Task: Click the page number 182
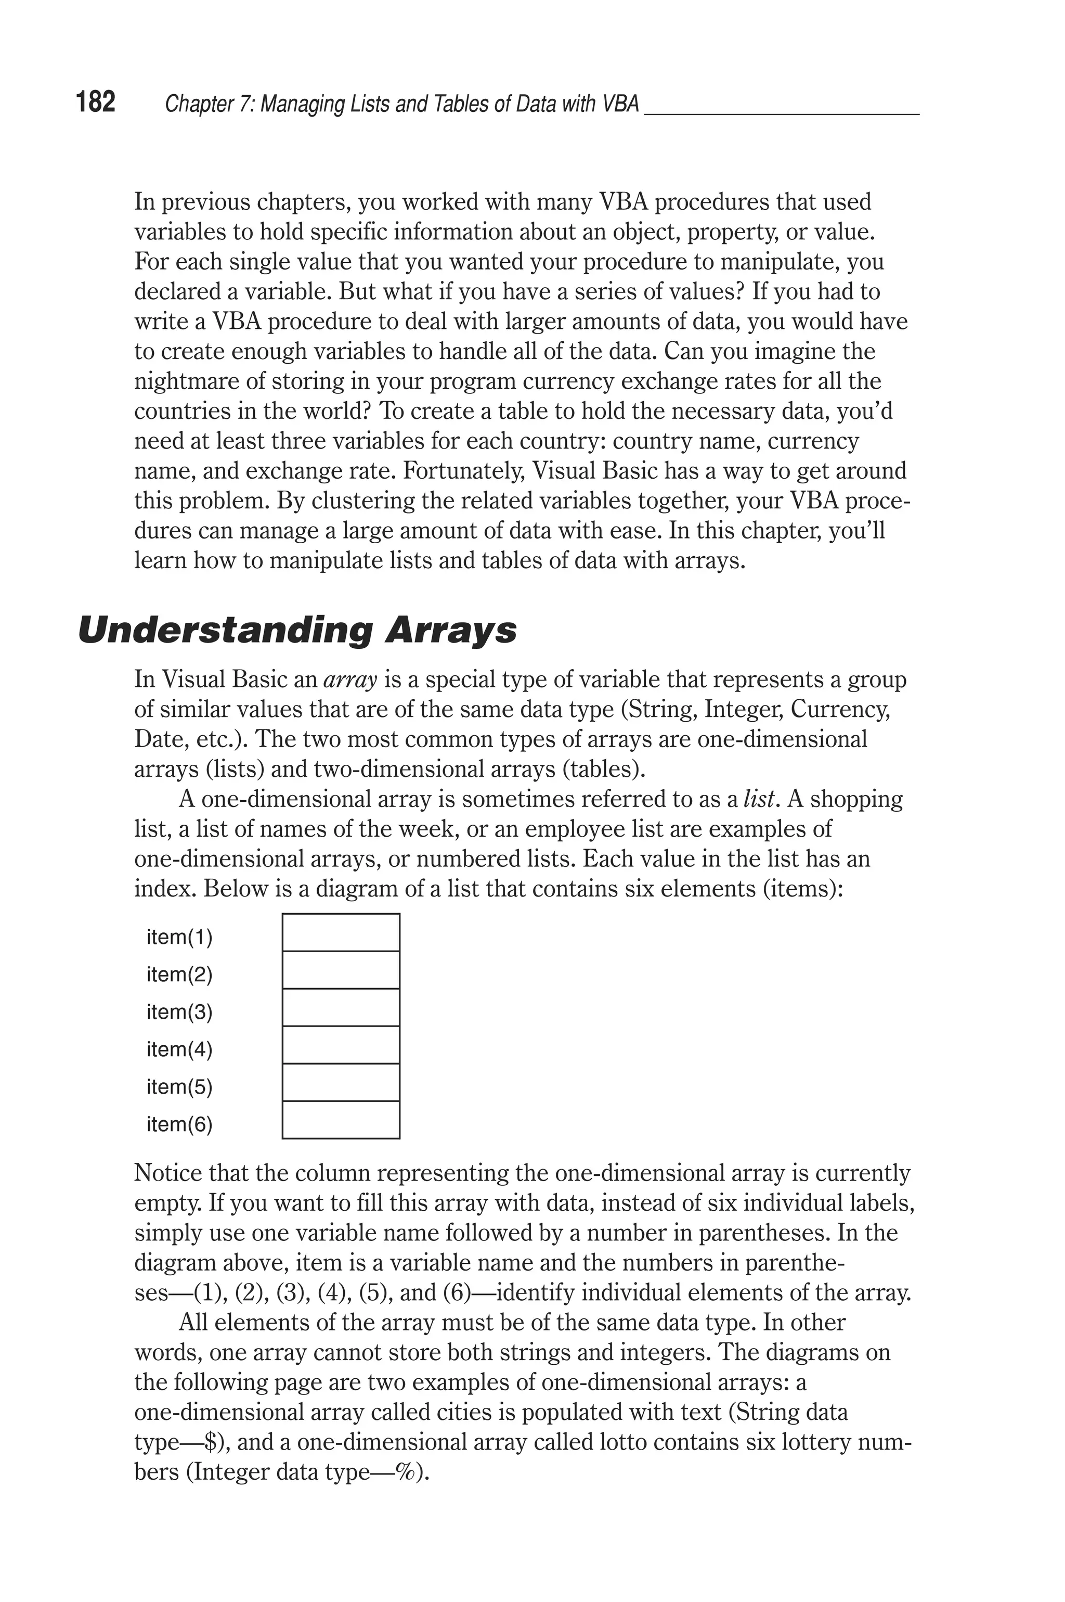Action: coord(96,102)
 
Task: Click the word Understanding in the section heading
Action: coord(224,631)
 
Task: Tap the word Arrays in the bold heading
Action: coord(450,631)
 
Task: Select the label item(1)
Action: coord(179,938)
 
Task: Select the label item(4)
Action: coord(179,1049)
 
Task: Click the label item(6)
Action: coord(179,1124)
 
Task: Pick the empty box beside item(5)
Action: coord(340,1082)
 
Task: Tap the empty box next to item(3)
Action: coord(340,1007)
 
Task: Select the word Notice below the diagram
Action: coord(168,1173)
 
